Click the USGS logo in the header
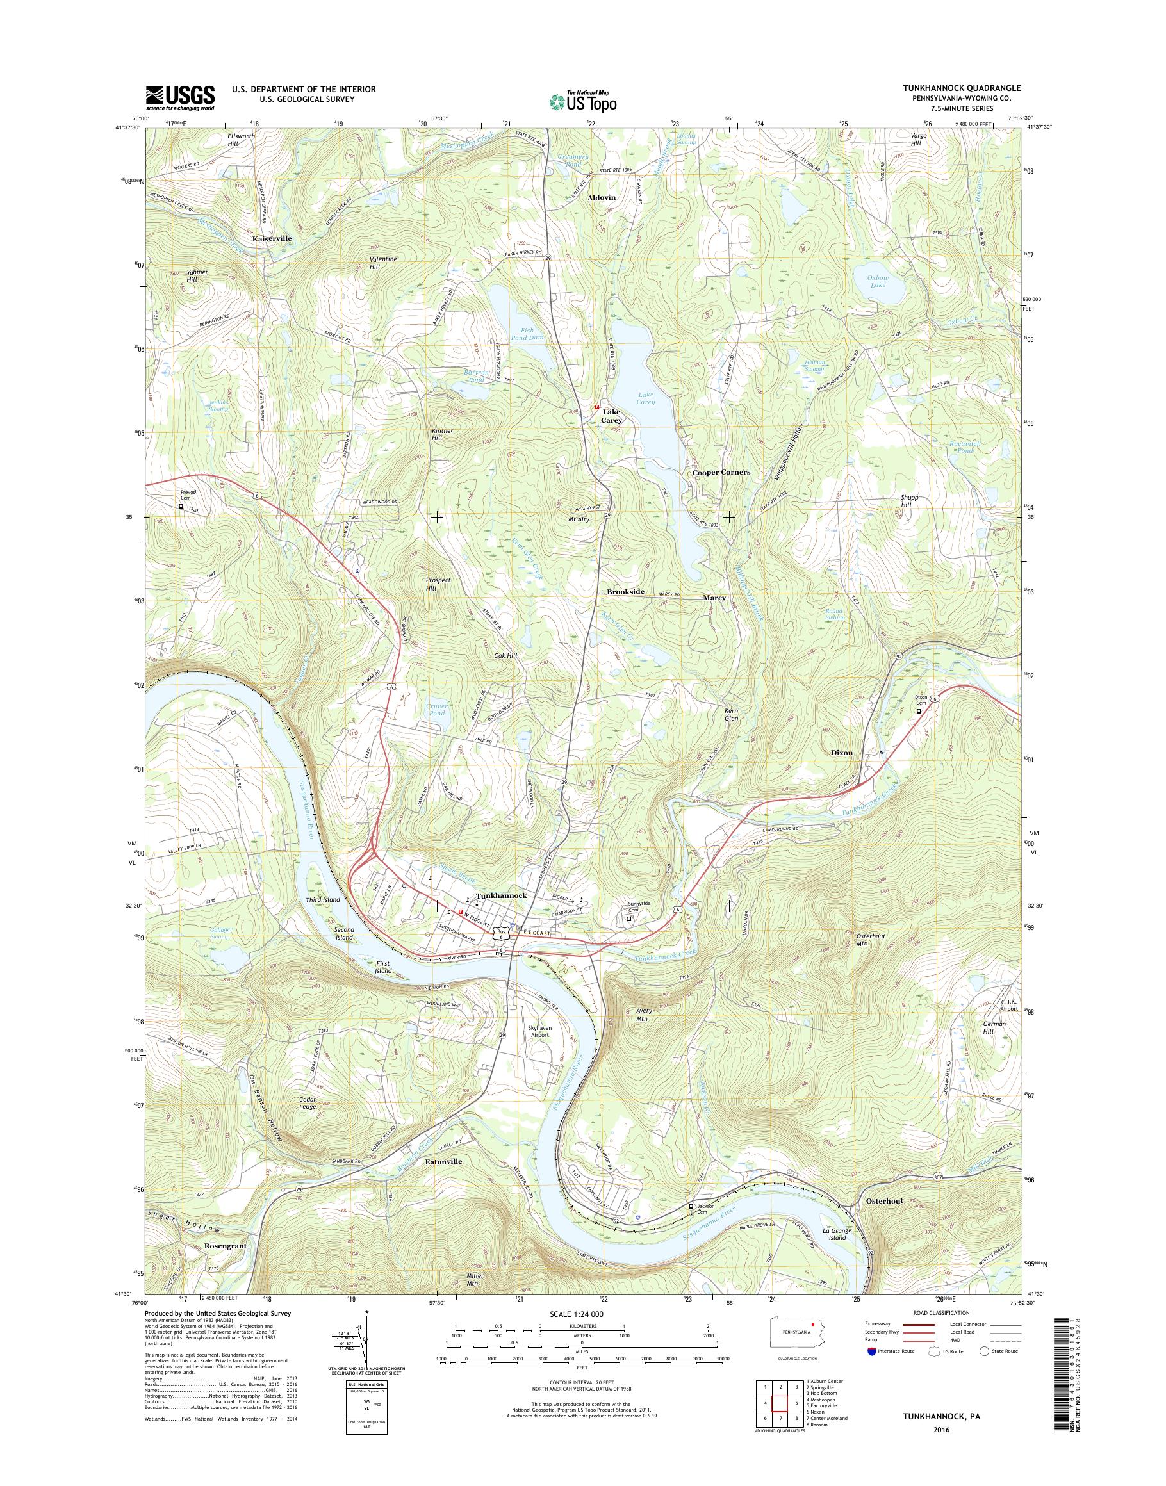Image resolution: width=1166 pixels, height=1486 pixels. pyautogui.click(x=179, y=97)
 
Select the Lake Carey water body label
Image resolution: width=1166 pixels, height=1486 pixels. pyautogui.click(x=646, y=398)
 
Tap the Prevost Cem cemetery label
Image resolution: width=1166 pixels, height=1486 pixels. pyautogui.click(x=188, y=495)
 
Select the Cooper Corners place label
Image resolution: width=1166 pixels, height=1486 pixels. pyautogui.click(x=721, y=472)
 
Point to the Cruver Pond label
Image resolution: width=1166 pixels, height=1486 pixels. pyautogui.click(x=437, y=710)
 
